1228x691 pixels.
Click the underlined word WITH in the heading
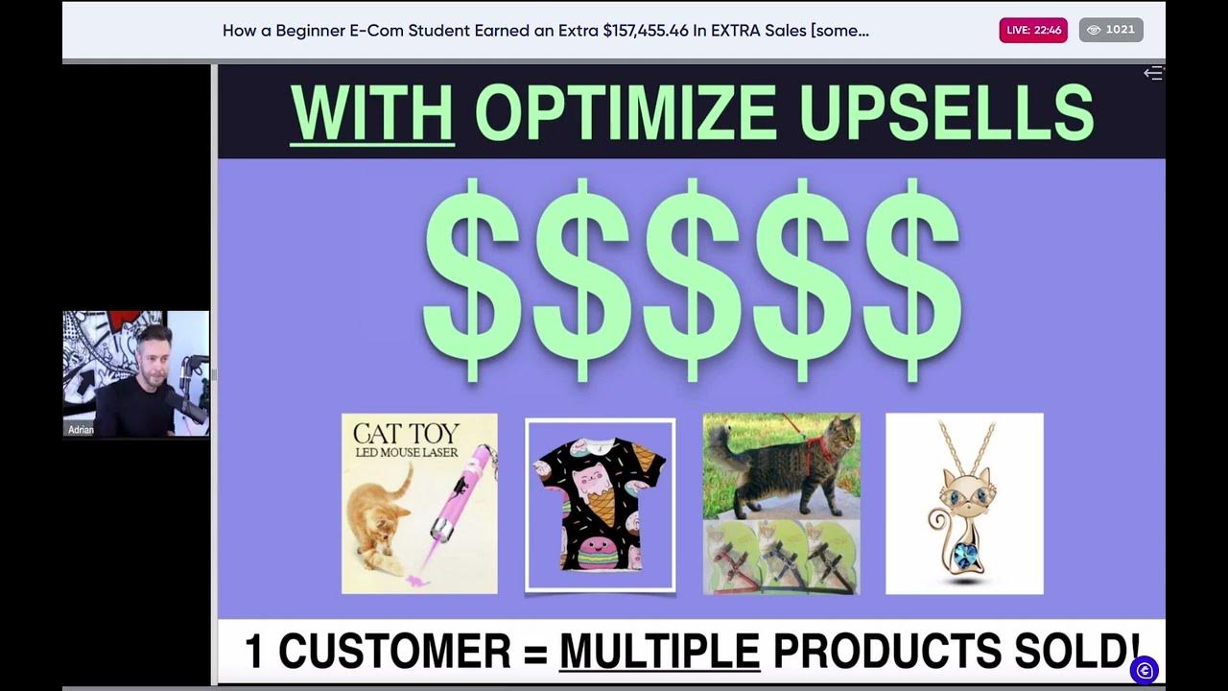[371, 114]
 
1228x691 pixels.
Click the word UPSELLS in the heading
[945, 114]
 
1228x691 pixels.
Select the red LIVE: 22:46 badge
[1032, 30]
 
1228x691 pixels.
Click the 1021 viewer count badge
[1111, 30]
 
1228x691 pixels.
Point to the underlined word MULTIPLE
[659, 652]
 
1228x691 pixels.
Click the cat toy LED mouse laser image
[419, 503]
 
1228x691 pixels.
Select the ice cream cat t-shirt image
[600, 504]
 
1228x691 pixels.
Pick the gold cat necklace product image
[964, 503]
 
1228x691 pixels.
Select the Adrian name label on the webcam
[82, 430]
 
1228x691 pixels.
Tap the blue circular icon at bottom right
[1144, 670]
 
